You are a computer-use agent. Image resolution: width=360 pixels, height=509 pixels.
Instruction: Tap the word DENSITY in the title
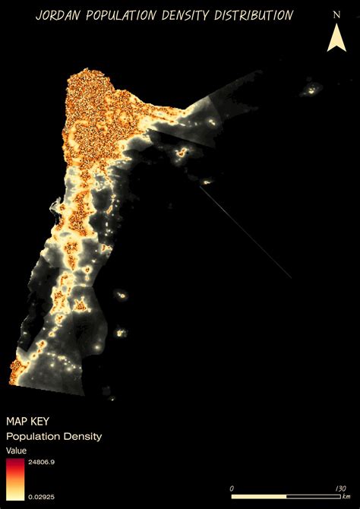tap(195, 15)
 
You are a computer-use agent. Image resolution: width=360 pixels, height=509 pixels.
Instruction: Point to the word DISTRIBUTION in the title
tap(257, 15)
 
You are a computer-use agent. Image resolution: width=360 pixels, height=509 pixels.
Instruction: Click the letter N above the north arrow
tap(336, 14)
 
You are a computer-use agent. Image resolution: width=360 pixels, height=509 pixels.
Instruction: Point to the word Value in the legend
tap(16, 451)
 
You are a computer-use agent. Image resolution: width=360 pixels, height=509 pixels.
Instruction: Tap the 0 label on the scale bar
tap(232, 488)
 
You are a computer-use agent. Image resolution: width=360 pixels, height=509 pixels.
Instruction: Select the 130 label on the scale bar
tap(339, 488)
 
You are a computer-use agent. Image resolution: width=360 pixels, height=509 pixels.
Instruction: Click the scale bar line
tap(289, 496)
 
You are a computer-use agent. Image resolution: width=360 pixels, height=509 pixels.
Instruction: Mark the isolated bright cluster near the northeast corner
tap(311, 92)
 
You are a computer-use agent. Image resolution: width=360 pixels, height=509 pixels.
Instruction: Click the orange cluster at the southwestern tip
tap(16, 371)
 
